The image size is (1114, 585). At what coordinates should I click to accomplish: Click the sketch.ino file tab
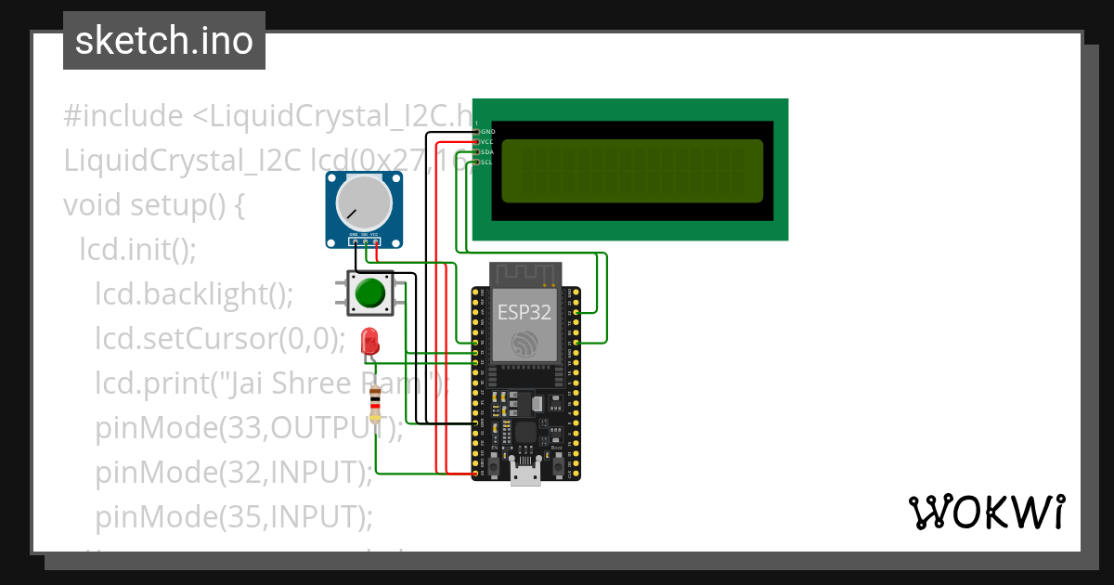point(163,41)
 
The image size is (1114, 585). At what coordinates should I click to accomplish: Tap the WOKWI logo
point(985,513)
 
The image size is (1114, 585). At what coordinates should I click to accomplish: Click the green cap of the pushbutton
point(370,292)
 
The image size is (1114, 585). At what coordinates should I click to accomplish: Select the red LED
point(369,340)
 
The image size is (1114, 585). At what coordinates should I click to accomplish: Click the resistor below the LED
point(375,405)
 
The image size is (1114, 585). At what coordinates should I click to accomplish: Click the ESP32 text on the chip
point(525,311)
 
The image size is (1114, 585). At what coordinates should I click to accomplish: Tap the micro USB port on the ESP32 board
point(526,474)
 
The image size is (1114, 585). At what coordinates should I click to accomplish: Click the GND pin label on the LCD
point(487,132)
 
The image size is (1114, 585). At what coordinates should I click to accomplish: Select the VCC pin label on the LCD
point(487,142)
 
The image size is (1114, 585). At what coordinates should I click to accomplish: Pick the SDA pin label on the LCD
point(487,152)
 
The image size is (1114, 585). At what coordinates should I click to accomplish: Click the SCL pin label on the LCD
point(487,162)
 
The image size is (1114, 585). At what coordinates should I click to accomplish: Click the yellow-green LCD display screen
point(631,171)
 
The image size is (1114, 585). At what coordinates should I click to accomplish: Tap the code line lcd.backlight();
point(194,293)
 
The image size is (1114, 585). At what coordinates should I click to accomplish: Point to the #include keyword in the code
point(123,116)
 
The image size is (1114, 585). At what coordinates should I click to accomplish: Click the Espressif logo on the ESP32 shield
point(525,343)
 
